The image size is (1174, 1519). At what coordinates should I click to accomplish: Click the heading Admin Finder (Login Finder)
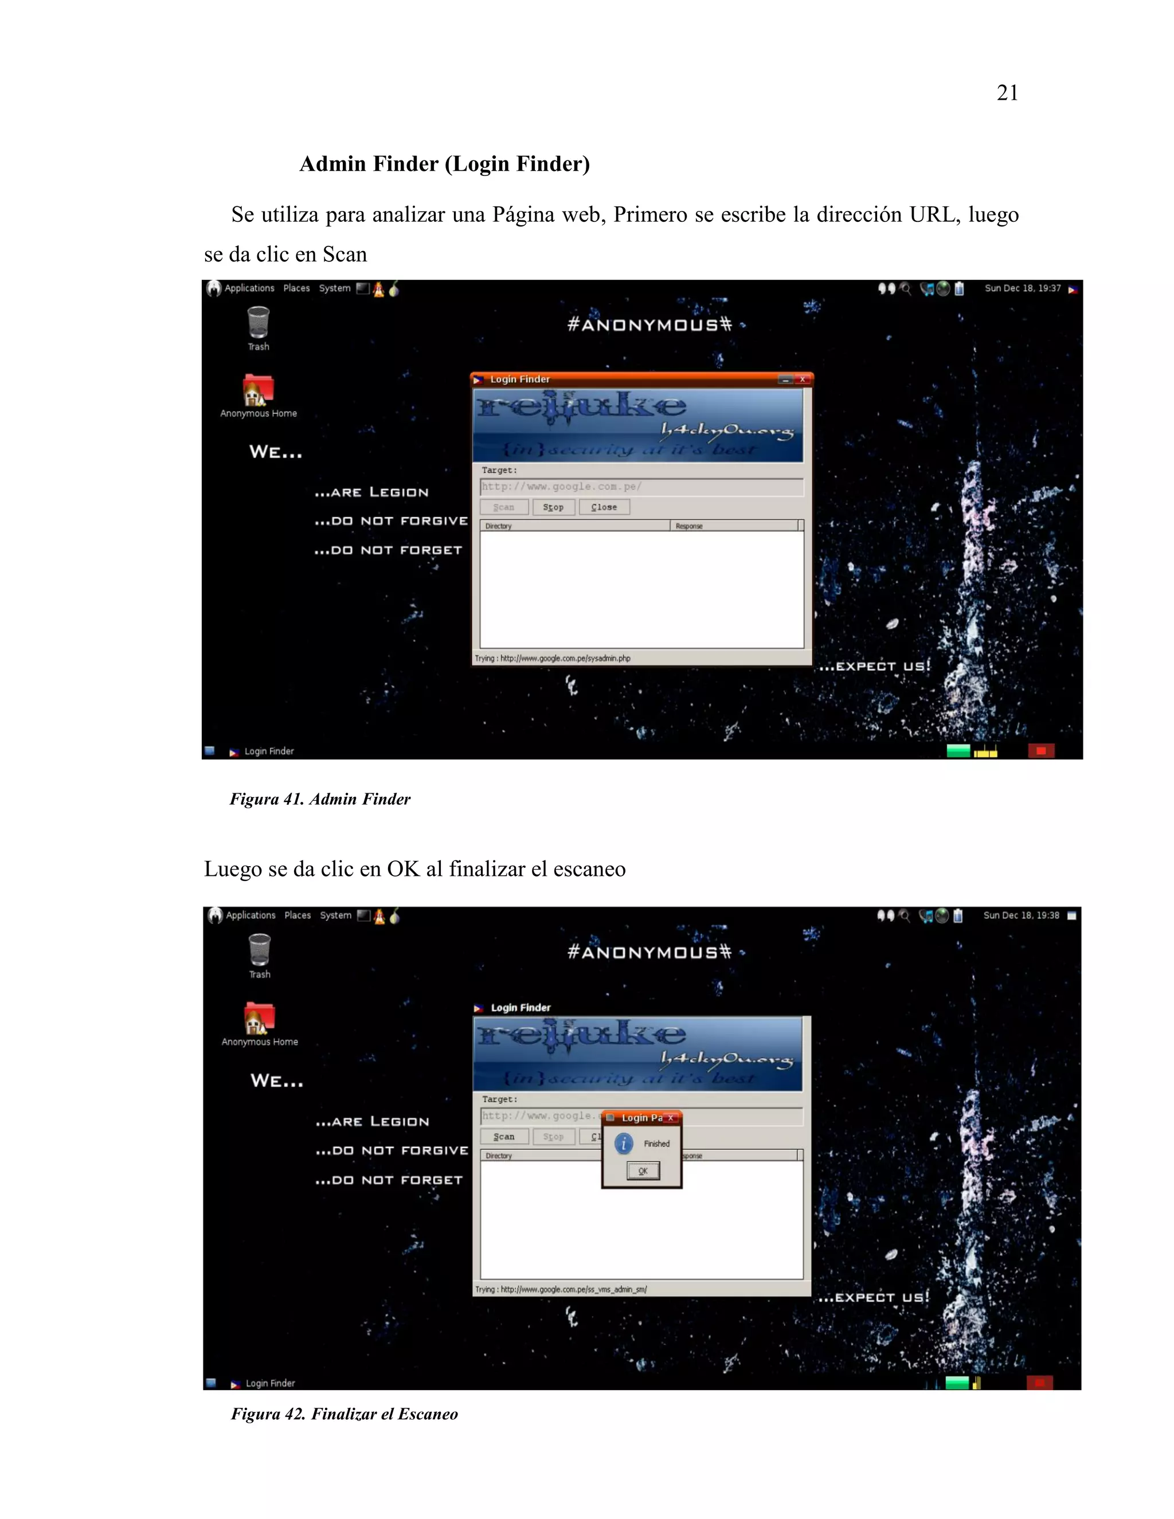pos(444,164)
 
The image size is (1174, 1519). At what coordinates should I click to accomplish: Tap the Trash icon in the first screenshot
pos(258,323)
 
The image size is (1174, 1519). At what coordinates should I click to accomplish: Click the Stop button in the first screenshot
pos(554,507)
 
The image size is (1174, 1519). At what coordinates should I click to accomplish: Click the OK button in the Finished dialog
pos(643,1171)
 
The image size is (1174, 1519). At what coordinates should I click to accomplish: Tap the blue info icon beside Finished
pos(624,1144)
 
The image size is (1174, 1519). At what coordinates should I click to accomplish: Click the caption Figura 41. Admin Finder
pos(320,799)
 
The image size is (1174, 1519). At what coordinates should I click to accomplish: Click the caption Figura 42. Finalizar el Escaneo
pos(345,1414)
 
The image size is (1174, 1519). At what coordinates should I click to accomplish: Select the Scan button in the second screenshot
pos(504,1137)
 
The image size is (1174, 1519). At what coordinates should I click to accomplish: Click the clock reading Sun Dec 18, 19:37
pos(1023,288)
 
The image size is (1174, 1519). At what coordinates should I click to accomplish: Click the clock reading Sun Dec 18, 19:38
pos(1021,915)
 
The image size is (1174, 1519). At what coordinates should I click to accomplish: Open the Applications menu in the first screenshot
pos(249,288)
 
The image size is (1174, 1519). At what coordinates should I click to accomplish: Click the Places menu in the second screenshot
pos(298,915)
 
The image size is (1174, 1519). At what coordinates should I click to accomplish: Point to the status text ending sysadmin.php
pos(553,658)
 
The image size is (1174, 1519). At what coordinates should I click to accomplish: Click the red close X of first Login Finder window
pos(803,379)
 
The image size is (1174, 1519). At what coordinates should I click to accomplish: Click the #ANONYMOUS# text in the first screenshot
pos(649,325)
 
